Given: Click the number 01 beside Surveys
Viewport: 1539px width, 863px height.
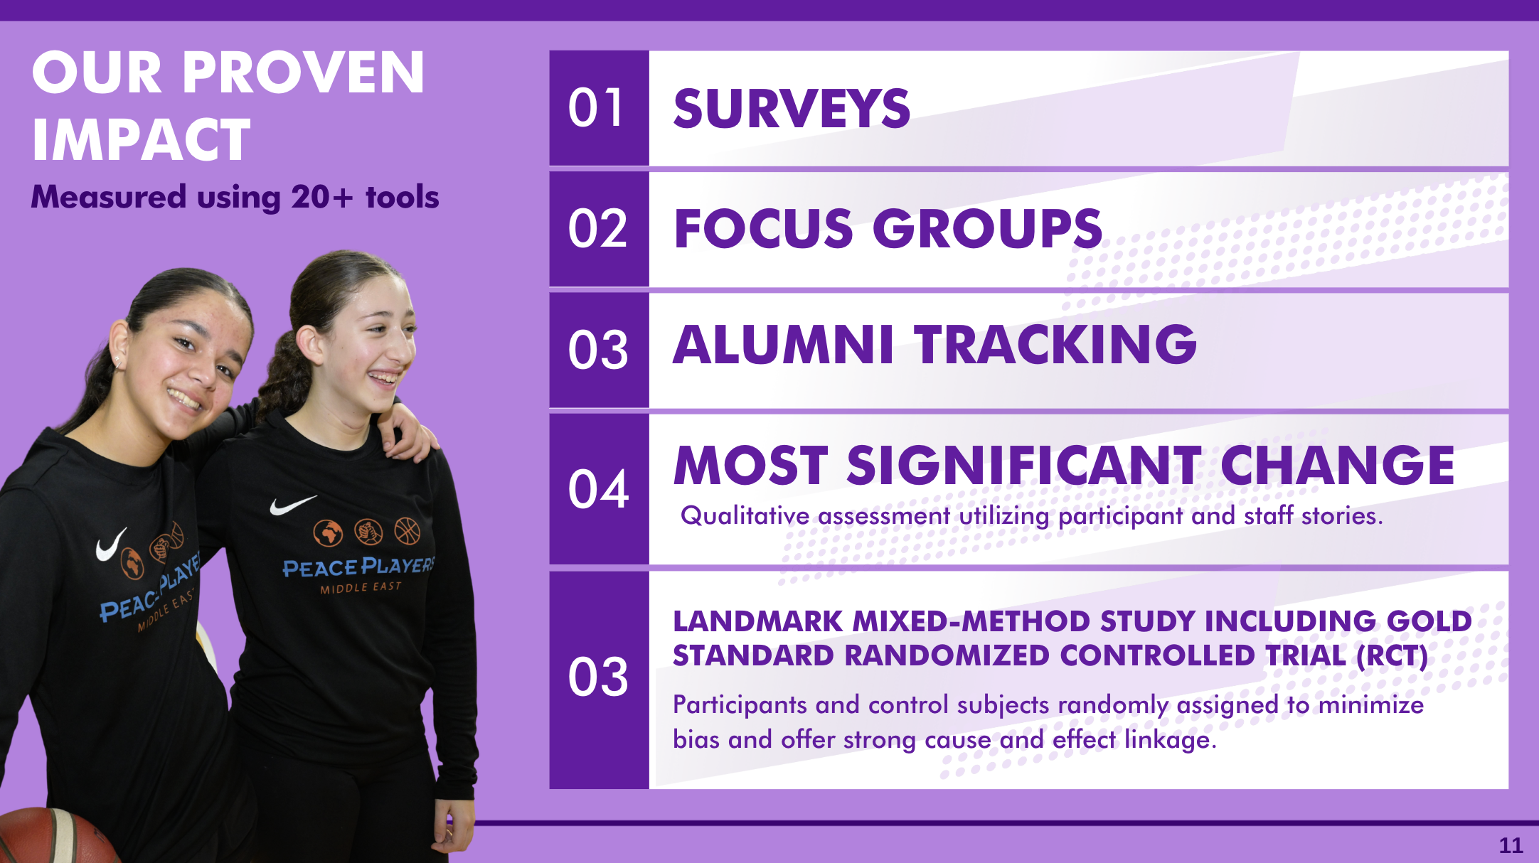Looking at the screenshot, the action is [596, 108].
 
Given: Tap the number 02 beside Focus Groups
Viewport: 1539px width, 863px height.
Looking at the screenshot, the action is [597, 229].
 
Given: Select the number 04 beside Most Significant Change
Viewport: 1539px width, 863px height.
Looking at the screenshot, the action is [598, 489].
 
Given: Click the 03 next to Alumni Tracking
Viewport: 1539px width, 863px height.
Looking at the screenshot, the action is [598, 350].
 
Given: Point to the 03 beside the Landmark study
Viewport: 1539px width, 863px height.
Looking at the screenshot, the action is [598, 677].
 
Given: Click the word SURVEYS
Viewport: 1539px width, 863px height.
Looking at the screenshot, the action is [792, 109].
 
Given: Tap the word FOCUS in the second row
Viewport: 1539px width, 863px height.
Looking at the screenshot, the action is [763, 229].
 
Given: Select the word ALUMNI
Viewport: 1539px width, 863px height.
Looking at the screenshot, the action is [782, 345].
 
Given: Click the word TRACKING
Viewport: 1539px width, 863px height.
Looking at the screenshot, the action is [1056, 345].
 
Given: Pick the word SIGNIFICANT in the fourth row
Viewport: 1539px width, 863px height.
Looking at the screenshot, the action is [1024, 465].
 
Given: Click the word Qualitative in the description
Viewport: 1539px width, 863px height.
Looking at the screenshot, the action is [745, 516].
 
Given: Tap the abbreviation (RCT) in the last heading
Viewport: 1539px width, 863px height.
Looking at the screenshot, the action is [1392, 655].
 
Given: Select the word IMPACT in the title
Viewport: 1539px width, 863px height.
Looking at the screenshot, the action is [142, 140].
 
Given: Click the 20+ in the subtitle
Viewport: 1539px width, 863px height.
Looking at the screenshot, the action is [321, 197].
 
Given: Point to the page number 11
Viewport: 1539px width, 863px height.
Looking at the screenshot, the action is [1511, 845].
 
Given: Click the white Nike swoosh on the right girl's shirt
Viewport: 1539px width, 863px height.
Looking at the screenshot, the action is [292, 505].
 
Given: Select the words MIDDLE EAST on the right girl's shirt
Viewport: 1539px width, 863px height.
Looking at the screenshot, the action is [361, 588].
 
